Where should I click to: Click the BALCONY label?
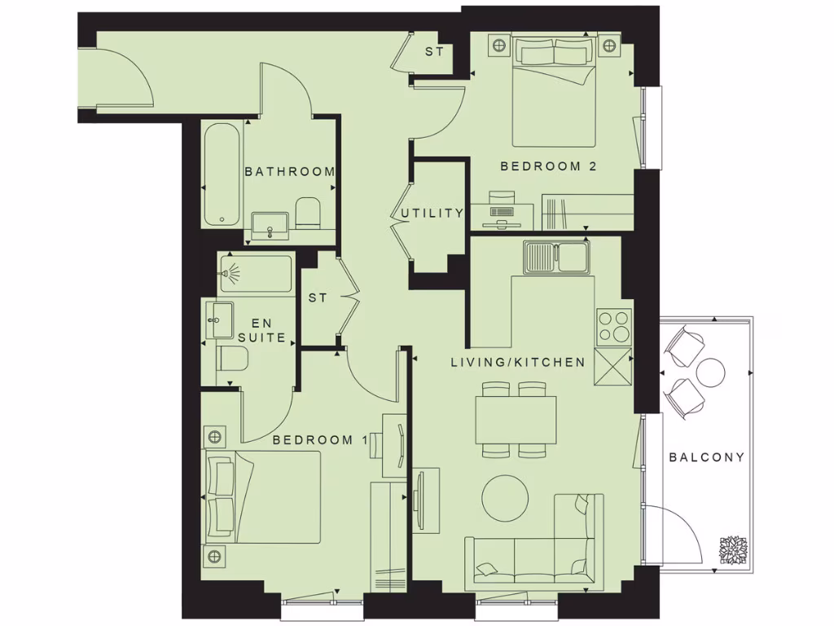click(706, 457)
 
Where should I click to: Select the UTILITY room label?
click(432, 214)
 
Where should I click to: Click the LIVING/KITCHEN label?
click(518, 362)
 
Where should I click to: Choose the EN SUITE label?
click(261, 329)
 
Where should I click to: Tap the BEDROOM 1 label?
click(319, 440)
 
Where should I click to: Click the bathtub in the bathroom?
click(222, 174)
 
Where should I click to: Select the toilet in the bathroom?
click(307, 213)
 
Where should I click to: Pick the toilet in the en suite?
click(232, 359)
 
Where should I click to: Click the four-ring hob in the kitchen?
click(613, 327)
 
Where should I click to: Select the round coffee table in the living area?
click(506, 499)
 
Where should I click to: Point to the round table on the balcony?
click(710, 373)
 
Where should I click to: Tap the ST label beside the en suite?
click(318, 298)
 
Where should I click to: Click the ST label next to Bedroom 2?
click(434, 53)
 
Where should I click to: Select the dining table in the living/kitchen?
click(516, 420)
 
